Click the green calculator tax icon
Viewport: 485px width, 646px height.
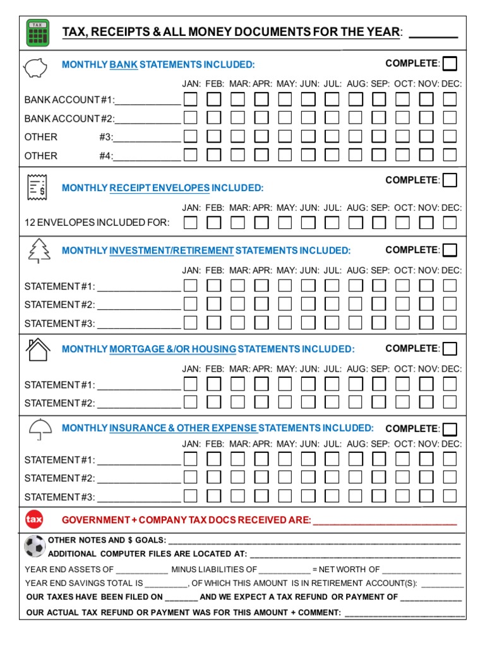38,33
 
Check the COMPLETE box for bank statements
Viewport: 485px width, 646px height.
450,64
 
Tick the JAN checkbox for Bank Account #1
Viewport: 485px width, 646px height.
191,100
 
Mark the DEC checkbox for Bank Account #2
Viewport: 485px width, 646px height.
450,118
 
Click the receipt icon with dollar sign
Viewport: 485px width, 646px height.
37,185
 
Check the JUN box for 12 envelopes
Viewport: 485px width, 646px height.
308,222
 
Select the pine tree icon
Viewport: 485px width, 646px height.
39,250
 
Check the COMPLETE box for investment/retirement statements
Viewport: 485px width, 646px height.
450,250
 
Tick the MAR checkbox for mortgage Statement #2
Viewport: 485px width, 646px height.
238,402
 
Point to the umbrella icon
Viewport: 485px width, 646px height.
40,429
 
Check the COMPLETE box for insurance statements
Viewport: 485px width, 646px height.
450,429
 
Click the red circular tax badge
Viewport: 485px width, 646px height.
33,520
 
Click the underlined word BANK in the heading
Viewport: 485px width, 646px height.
124,65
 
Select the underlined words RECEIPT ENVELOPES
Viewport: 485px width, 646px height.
159,188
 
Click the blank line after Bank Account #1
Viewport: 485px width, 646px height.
147,100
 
